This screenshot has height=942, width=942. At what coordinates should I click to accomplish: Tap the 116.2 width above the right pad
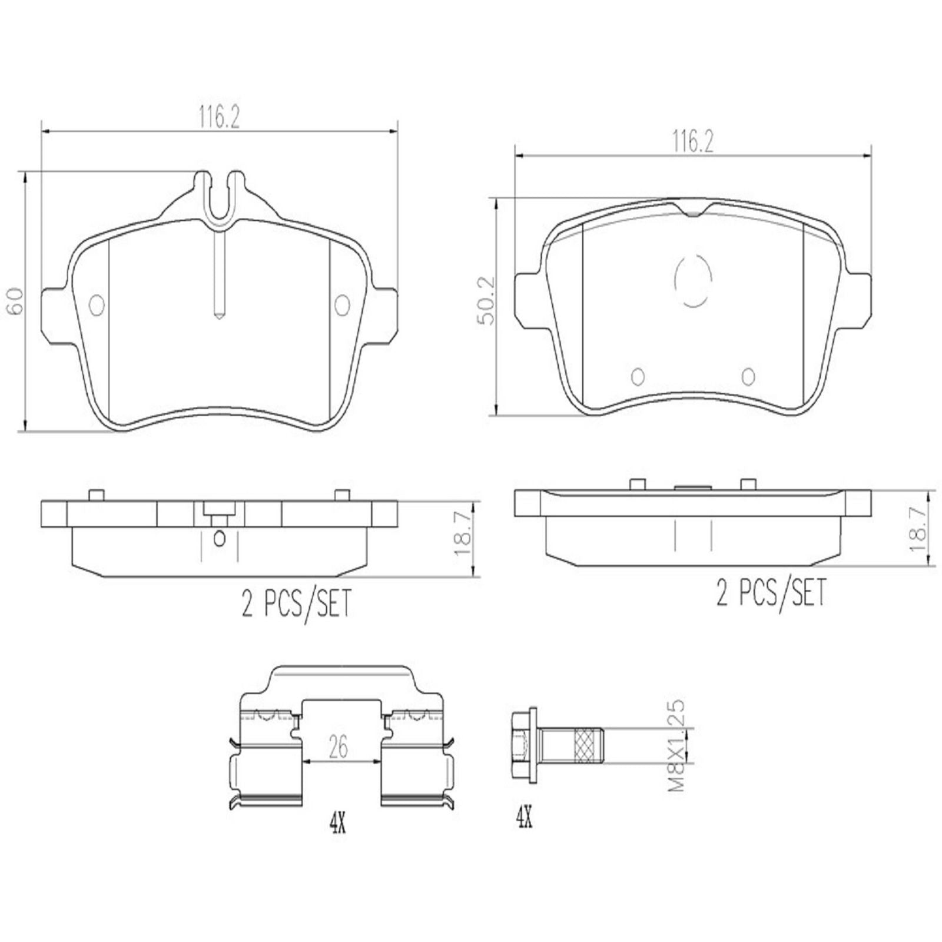point(693,142)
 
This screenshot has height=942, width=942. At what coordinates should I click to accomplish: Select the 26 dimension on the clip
point(339,747)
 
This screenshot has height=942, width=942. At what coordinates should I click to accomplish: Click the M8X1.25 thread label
point(678,745)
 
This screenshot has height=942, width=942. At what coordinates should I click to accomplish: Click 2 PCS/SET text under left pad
point(296,603)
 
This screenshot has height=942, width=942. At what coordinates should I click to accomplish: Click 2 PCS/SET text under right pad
point(771,592)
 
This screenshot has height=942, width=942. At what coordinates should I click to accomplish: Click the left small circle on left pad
point(97,304)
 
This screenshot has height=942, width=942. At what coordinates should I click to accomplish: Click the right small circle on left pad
point(341,304)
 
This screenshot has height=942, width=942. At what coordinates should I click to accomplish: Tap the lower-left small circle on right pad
point(637,376)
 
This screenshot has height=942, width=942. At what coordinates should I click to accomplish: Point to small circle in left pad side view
point(220,537)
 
